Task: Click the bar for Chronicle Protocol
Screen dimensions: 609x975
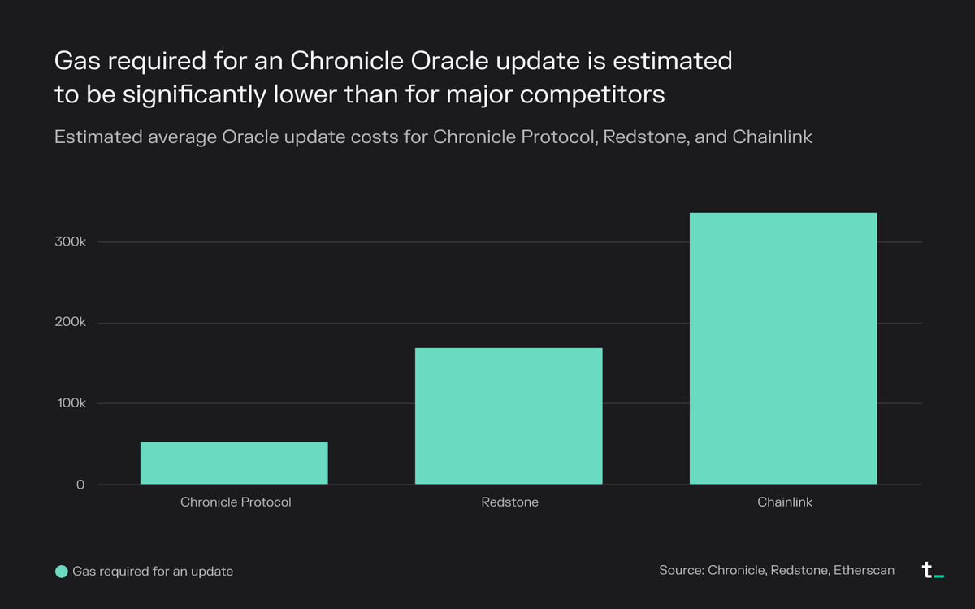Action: pyautogui.click(x=234, y=463)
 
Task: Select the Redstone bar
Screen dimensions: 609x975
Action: pyautogui.click(x=509, y=416)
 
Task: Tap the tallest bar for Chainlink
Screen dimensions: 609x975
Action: pyautogui.click(x=783, y=349)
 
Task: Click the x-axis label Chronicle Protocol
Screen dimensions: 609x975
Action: pyautogui.click(x=235, y=502)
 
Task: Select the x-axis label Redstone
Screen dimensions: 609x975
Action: pyautogui.click(x=509, y=502)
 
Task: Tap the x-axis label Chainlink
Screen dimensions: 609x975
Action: pyautogui.click(x=785, y=502)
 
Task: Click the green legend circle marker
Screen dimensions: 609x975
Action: pyautogui.click(x=61, y=572)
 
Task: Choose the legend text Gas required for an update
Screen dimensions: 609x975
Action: pyautogui.click(x=153, y=572)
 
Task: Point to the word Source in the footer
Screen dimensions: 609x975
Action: pyautogui.click(x=680, y=571)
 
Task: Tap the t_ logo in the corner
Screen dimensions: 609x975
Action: pyautogui.click(x=932, y=571)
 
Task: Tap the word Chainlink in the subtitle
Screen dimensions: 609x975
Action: pyautogui.click(x=773, y=137)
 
